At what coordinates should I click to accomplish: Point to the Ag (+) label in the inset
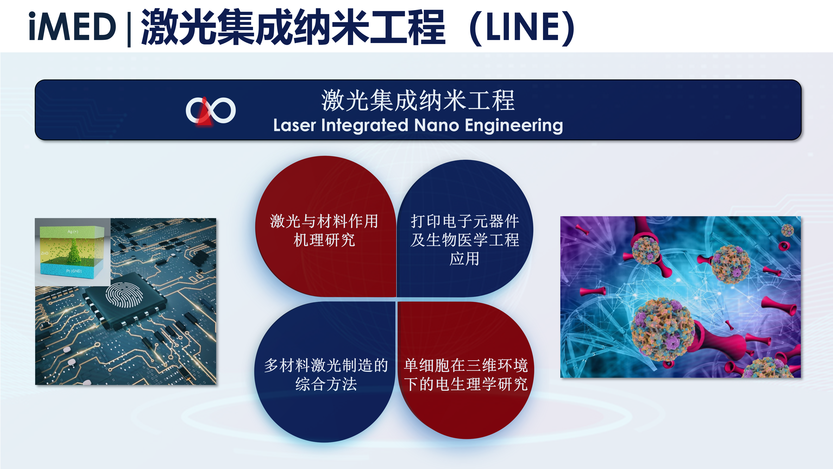pyautogui.click(x=73, y=232)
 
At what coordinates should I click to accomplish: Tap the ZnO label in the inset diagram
pyautogui.click(x=44, y=253)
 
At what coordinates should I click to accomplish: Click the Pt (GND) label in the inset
pyautogui.click(x=74, y=271)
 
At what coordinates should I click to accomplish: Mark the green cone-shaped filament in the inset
pyautogui.click(x=74, y=251)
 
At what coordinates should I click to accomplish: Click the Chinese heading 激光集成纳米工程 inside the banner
pyautogui.click(x=418, y=101)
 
